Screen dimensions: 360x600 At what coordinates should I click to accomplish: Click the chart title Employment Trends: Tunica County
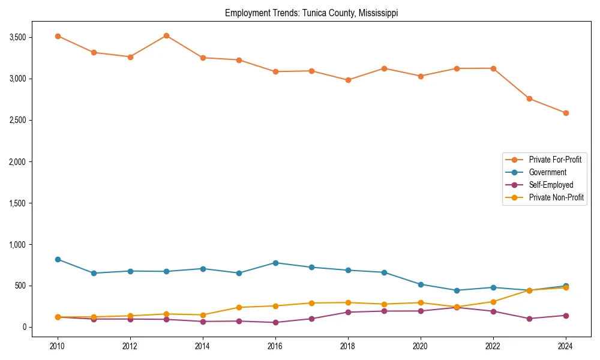coord(311,13)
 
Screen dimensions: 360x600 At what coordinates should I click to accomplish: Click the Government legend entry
coord(547,172)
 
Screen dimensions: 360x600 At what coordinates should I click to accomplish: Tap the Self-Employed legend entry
coord(551,185)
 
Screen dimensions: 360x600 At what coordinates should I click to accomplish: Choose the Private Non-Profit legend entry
coord(556,197)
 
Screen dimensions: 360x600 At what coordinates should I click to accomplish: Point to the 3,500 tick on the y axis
coord(21,37)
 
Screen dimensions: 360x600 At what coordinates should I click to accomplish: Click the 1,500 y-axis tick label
coord(21,203)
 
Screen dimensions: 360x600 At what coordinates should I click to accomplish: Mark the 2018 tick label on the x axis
coord(348,346)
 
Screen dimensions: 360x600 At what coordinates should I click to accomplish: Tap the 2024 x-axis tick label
coord(566,346)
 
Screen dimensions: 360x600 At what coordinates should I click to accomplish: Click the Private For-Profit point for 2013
coord(166,35)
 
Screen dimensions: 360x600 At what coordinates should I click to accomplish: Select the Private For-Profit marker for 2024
coord(566,113)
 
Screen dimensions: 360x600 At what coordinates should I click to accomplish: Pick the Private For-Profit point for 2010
coord(58,36)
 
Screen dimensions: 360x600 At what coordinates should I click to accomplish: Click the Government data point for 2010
coord(58,259)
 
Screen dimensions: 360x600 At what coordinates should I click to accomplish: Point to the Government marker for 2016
coord(275,263)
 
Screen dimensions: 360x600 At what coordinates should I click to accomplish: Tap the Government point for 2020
coord(421,284)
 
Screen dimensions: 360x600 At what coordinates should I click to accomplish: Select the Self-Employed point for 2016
coord(275,322)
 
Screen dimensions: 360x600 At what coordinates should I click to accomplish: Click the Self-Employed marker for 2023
coord(529,319)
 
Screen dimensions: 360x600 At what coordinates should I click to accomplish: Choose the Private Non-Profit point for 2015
coord(239,307)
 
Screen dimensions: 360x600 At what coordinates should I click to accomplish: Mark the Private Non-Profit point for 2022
coord(493,302)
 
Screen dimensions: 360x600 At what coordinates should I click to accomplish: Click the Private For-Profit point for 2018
coord(348,80)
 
